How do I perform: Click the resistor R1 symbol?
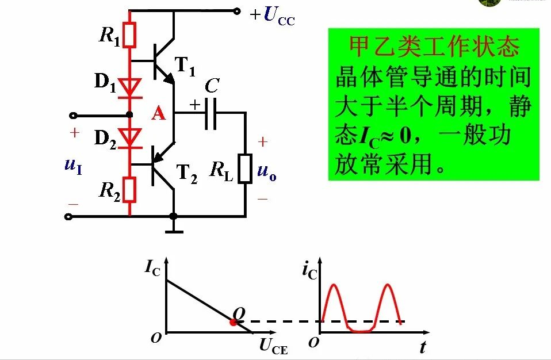[129, 35]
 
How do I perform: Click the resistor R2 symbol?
[129, 190]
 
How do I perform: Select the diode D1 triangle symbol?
[131, 86]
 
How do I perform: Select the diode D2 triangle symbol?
[131, 137]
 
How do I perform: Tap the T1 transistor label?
[185, 68]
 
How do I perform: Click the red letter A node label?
[158, 114]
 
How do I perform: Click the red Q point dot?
[233, 322]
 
